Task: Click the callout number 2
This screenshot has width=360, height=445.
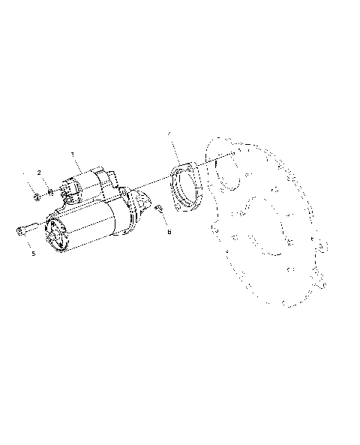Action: pyautogui.click(x=38, y=173)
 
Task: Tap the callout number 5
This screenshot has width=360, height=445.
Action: pyautogui.click(x=34, y=254)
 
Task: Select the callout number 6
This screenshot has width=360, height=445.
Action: pyautogui.click(x=169, y=232)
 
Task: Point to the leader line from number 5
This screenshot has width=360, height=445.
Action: pyautogui.click(x=31, y=243)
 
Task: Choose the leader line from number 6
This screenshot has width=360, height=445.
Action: pyautogui.click(x=166, y=222)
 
